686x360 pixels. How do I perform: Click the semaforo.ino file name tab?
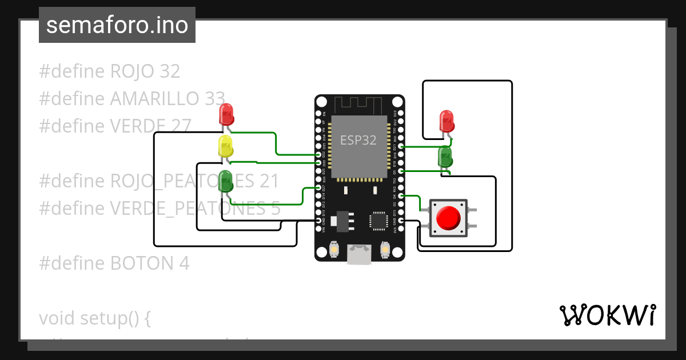tap(117, 25)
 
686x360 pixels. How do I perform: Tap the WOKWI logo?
tap(607, 315)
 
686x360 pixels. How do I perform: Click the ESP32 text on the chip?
tap(358, 140)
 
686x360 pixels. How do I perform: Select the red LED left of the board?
tap(226, 114)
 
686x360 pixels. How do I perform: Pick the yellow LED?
tap(226, 146)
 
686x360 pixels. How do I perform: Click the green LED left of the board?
tap(226, 181)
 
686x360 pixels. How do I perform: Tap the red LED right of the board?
tap(446, 121)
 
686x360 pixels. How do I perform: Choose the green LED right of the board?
tap(445, 156)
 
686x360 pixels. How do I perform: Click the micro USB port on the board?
tap(359, 254)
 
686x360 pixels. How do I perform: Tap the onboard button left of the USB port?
tap(334, 250)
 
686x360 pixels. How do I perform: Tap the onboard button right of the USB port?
tap(385, 250)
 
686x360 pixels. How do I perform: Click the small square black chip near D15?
tap(378, 221)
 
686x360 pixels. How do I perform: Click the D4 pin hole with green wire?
tap(401, 196)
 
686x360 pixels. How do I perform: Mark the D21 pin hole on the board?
tap(401, 147)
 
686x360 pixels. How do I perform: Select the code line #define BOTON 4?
tap(114, 263)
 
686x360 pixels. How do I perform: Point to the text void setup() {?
tap(95, 318)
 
